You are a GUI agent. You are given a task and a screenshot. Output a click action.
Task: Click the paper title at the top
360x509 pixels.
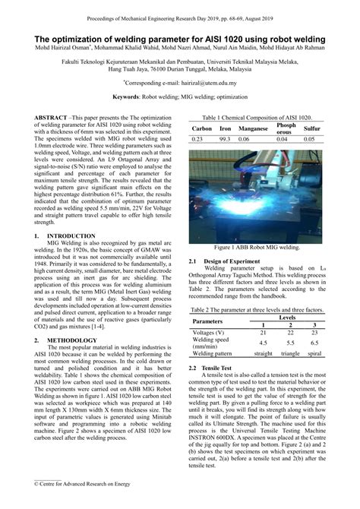180,37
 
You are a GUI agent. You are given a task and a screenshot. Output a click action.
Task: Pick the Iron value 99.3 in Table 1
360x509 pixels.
225,140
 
